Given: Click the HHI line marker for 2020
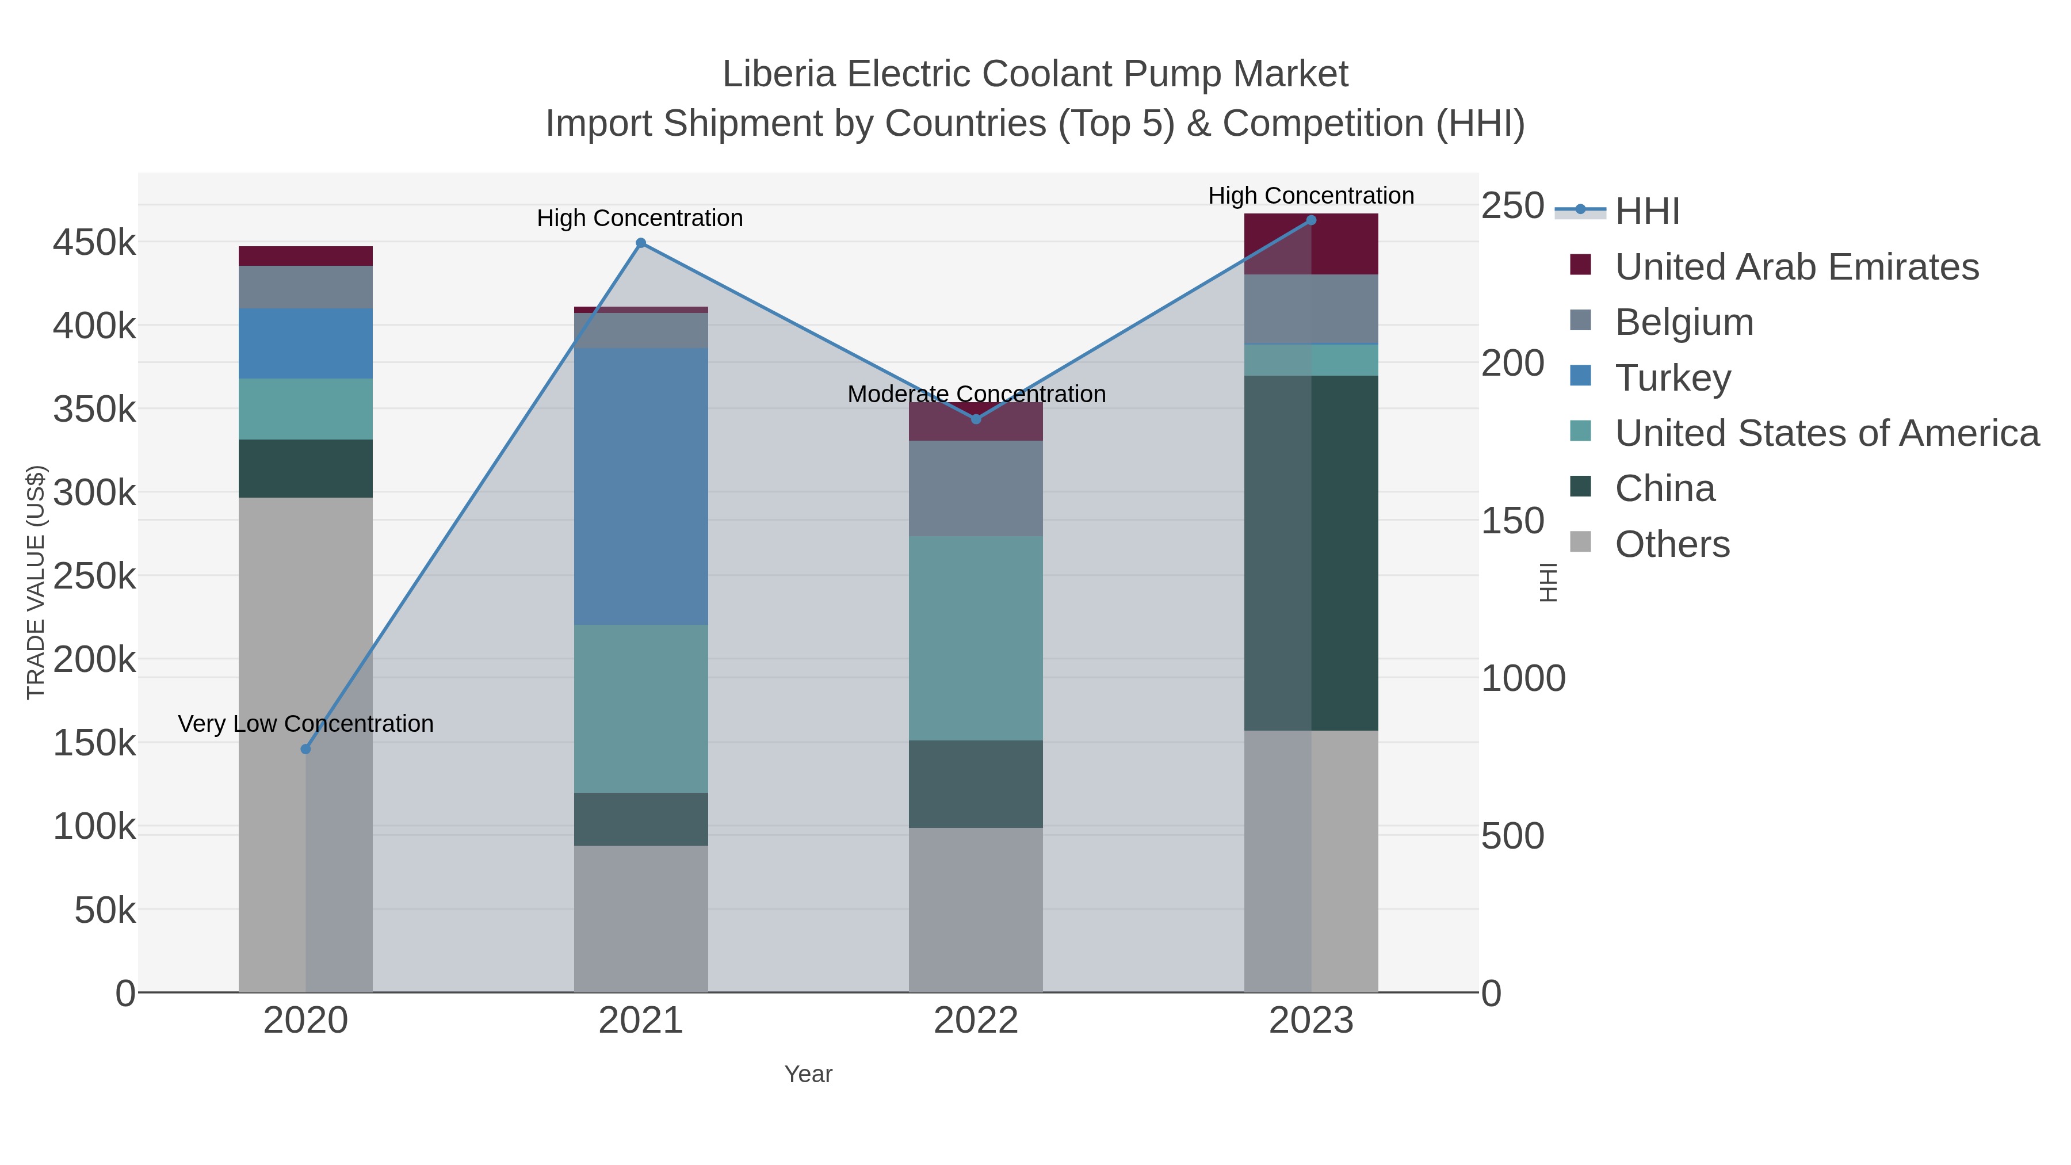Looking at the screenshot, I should click(x=305, y=749).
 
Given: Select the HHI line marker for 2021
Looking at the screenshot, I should click(x=641, y=243).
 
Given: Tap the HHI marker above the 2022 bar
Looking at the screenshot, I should click(x=976, y=419).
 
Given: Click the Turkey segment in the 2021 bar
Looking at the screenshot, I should click(x=641, y=486).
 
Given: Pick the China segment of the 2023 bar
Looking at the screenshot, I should click(x=1311, y=553).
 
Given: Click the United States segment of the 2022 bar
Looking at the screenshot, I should click(x=976, y=639).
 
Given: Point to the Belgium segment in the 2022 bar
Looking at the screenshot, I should click(x=976, y=488).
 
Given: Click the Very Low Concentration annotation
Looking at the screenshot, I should click(x=305, y=724).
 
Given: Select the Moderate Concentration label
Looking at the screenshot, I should click(x=976, y=394).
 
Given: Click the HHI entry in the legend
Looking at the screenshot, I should click(x=1646, y=211).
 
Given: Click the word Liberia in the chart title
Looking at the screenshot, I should click(x=778, y=74).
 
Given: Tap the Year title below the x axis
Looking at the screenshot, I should click(x=808, y=1074).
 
